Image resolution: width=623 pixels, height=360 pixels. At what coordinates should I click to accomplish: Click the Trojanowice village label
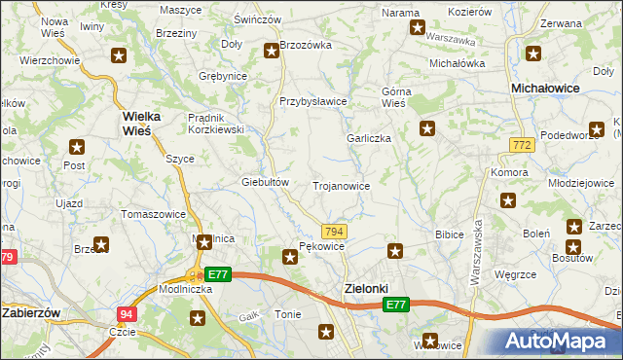point(340,185)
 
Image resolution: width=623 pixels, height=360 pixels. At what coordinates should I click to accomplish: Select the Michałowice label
point(545,88)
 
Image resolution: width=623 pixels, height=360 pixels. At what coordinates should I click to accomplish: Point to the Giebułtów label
point(266,181)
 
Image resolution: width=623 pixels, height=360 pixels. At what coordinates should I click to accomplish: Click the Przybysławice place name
point(313,101)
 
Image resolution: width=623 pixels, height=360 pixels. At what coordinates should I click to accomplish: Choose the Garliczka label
point(369,138)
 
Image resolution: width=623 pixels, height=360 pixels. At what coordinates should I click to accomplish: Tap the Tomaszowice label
point(153,213)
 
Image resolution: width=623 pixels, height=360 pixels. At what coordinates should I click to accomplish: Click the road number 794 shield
point(334,231)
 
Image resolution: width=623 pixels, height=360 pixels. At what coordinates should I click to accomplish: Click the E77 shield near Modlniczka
point(218,275)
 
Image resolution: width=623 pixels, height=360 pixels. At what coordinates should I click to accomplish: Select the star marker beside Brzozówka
point(272,52)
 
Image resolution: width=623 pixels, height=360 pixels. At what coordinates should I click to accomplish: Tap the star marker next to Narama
point(418,27)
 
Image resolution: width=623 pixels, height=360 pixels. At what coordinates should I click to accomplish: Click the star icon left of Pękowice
point(289,257)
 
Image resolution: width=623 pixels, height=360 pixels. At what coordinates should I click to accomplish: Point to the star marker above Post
point(77,147)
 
